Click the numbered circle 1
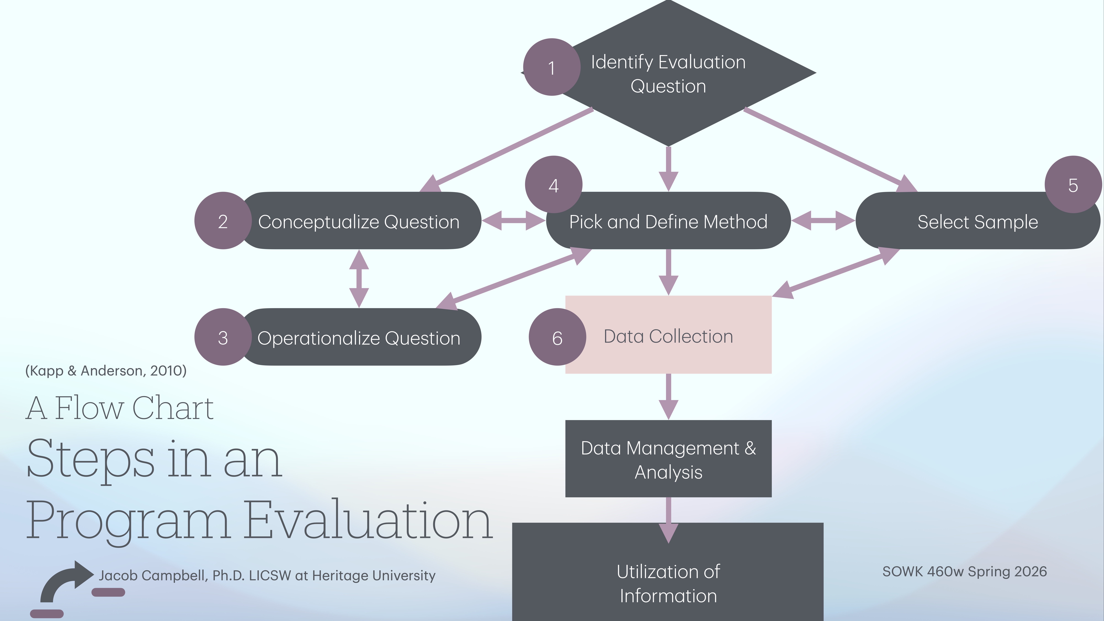tap(552, 67)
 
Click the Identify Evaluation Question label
tap(668, 74)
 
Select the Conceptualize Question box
tap(359, 222)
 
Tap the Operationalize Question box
tap(359, 338)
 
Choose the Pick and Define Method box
tap(668, 222)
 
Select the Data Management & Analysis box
tap(668, 459)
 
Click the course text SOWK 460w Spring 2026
tap(964, 571)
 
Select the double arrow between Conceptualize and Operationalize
tap(359, 279)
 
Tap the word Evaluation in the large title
tap(369, 521)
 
